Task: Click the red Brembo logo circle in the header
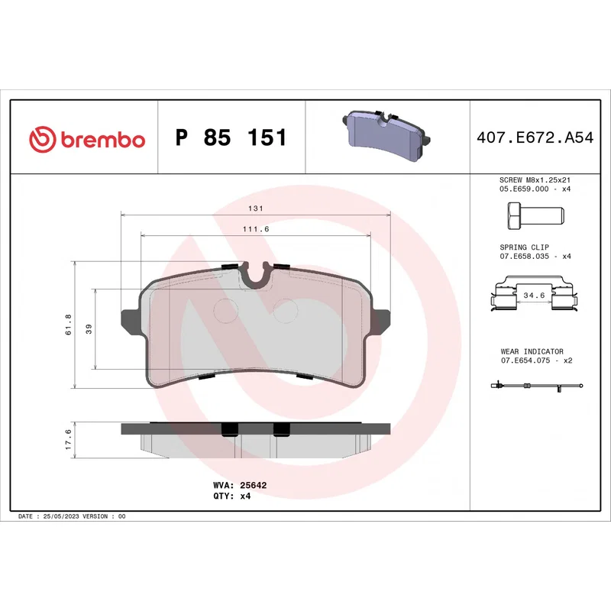43,139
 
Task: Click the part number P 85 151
231,137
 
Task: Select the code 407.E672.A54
535,137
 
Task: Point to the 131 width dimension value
256,209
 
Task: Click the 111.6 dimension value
256,229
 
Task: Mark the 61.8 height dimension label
68,325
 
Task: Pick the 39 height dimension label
89,329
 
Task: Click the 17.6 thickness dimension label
68,440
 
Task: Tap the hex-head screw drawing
536,215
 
